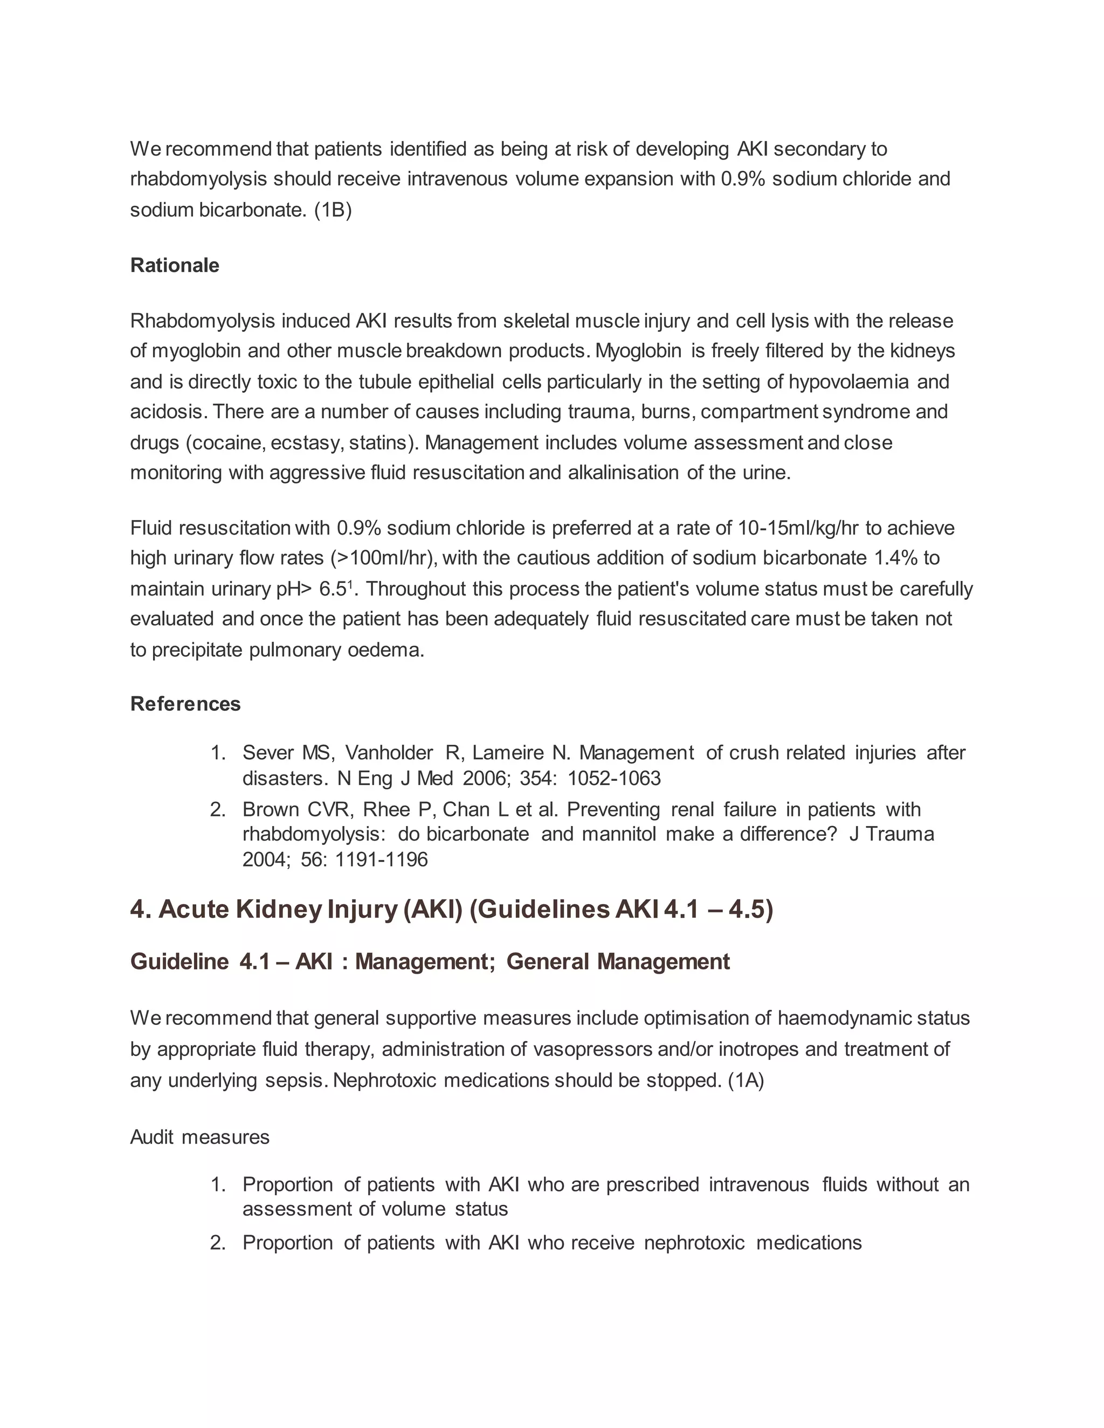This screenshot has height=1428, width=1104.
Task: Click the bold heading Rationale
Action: (175, 266)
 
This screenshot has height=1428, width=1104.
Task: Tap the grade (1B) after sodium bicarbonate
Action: (333, 211)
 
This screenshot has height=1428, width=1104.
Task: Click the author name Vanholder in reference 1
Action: (389, 753)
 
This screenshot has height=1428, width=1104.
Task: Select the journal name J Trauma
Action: (892, 835)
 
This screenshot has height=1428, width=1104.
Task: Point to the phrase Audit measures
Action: (199, 1138)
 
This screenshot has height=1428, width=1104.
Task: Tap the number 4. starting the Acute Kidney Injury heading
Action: (140, 910)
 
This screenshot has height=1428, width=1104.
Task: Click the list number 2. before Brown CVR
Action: (218, 810)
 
